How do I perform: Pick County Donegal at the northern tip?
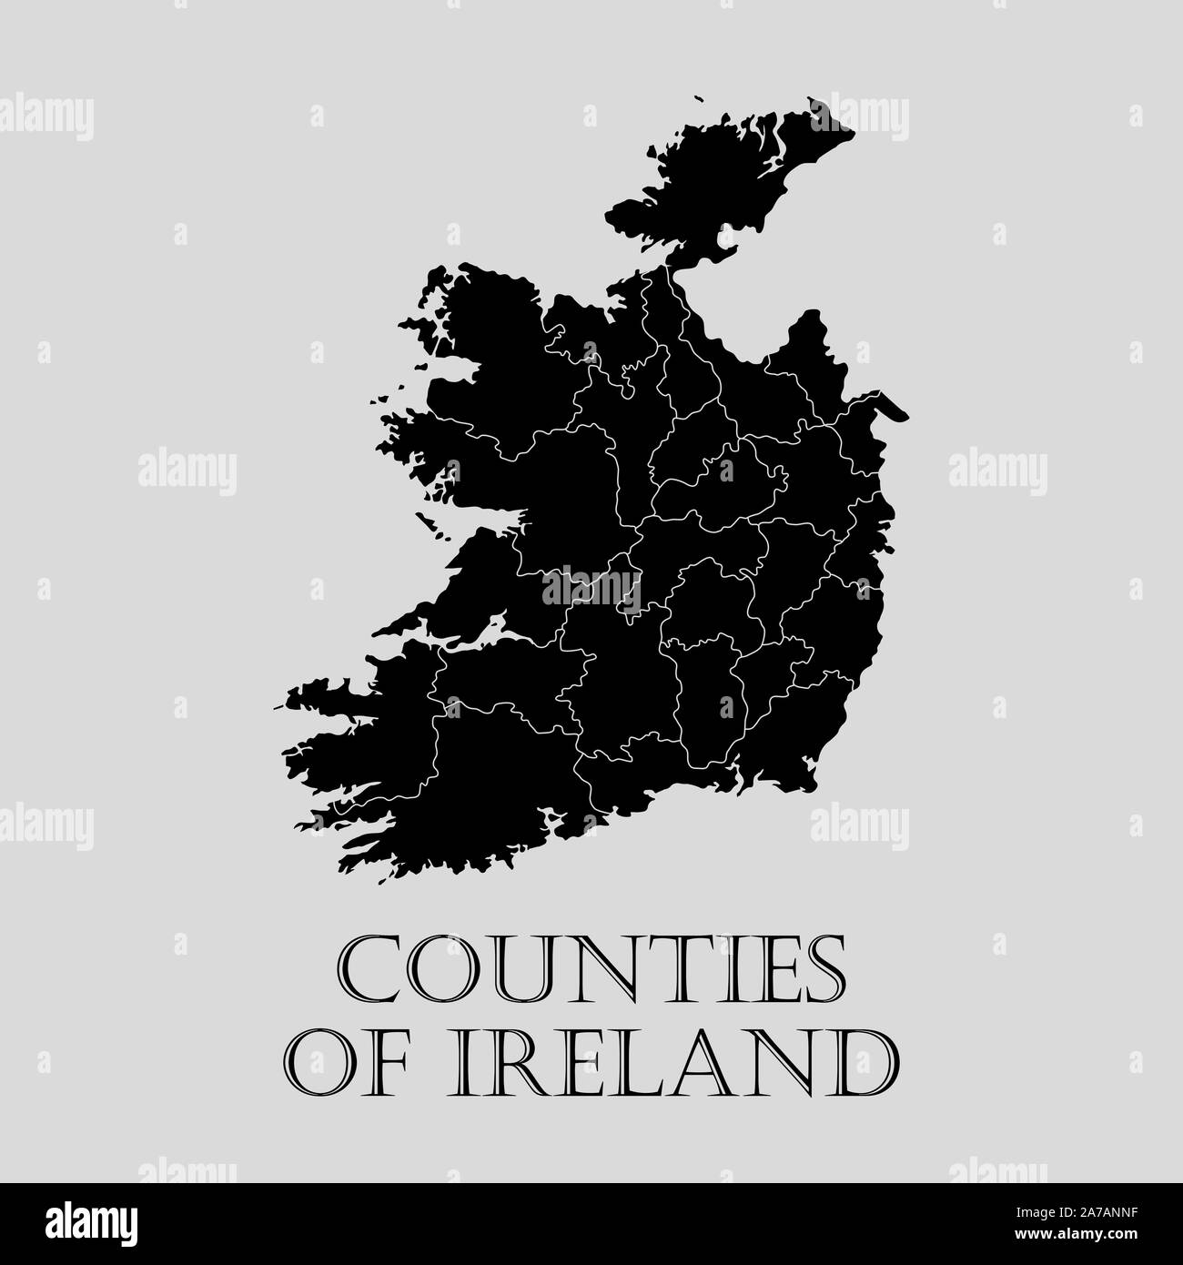coord(719,182)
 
